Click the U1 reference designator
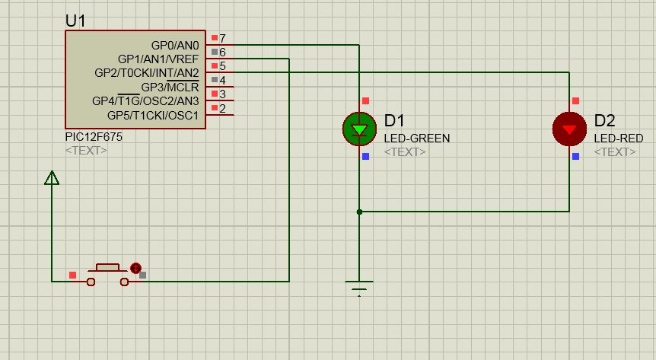[x=75, y=21]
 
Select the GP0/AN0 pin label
[x=175, y=45]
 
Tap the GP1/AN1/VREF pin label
[x=158, y=59]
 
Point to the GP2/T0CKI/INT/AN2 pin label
[x=146, y=73]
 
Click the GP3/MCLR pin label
[x=170, y=87]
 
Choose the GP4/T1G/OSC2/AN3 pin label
[x=145, y=101]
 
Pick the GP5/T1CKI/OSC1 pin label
[x=153, y=115]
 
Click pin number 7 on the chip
[x=222, y=39]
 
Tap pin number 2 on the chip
[x=222, y=108]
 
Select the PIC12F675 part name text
[x=94, y=137]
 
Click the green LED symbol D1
[x=359, y=129]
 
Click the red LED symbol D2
[x=569, y=129]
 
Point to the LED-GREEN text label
[x=417, y=139]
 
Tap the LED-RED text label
[x=619, y=139]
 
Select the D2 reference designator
[x=604, y=120]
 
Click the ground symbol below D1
[x=359, y=288]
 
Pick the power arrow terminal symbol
[x=52, y=177]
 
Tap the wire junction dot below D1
[x=359, y=212]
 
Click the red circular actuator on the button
[x=135, y=268]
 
